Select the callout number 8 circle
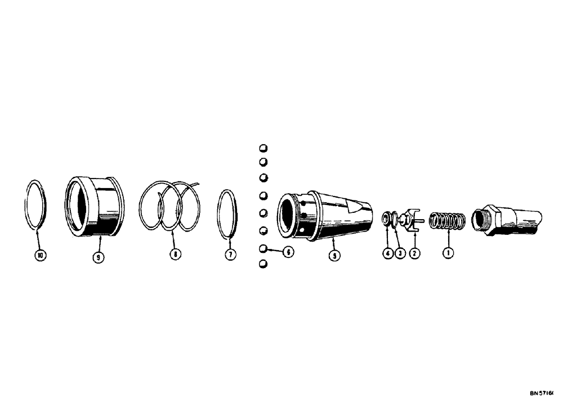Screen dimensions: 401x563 click(x=175, y=255)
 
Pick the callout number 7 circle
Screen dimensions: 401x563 click(x=229, y=255)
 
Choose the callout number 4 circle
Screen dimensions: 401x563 click(x=387, y=253)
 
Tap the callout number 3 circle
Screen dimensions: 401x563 click(x=399, y=253)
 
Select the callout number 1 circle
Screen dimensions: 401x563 click(x=448, y=253)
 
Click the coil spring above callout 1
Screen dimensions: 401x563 click(x=445, y=222)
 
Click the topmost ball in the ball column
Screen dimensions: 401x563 click(x=263, y=149)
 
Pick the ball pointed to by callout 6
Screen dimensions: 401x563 click(x=263, y=248)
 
